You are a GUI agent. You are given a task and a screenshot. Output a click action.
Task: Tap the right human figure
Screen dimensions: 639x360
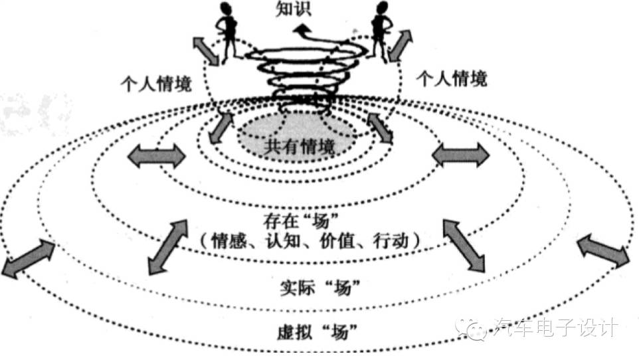(x=381, y=31)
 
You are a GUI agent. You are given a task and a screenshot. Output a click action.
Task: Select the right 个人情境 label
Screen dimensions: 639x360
(x=452, y=78)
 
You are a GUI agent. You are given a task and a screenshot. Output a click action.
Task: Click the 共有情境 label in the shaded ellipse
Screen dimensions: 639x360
(x=299, y=147)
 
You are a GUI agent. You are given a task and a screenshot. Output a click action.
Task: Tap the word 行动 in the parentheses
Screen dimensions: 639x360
(x=391, y=241)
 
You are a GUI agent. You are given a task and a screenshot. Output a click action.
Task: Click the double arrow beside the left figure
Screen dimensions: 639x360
(x=206, y=50)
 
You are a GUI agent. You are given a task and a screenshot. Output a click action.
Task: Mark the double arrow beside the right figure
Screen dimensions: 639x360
(x=400, y=45)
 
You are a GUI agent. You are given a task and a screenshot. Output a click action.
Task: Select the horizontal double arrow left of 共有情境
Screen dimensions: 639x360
(x=157, y=155)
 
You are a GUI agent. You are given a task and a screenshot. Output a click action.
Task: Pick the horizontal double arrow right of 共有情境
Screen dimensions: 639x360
(x=460, y=155)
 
